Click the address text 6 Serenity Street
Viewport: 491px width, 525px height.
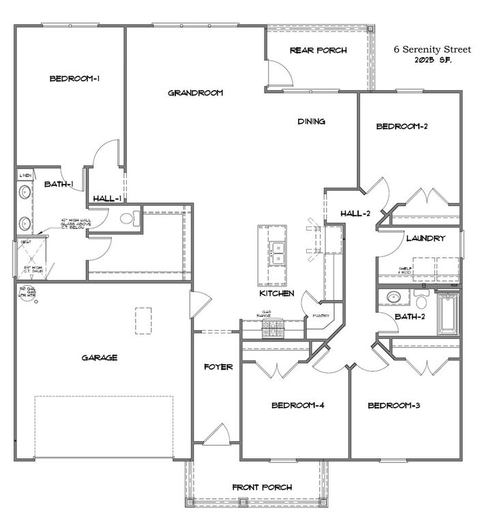[432, 50]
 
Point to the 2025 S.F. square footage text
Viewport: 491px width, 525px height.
[432, 60]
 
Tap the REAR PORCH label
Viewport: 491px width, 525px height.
[318, 50]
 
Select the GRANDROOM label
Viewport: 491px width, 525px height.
[195, 93]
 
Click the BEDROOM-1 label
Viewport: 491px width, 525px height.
[75, 79]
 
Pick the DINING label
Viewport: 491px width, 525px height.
[311, 121]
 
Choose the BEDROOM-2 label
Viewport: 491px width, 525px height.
[402, 126]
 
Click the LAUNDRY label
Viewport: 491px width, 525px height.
[426, 239]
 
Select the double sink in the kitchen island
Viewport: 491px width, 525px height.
[277, 254]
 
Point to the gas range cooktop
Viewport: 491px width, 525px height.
[273, 329]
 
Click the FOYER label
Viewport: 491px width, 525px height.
[218, 367]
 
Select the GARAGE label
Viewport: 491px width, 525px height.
[100, 357]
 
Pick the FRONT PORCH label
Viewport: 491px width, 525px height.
[262, 487]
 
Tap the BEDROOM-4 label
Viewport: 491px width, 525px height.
[297, 406]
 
